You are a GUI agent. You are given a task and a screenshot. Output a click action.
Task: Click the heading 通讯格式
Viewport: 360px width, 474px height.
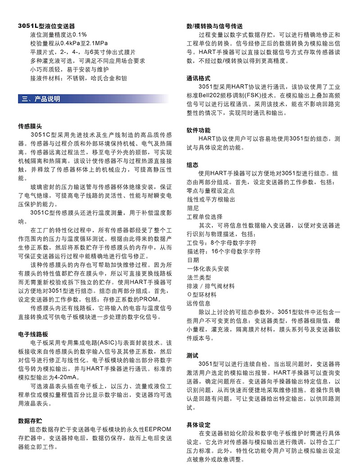pyautogui.click(x=198, y=78)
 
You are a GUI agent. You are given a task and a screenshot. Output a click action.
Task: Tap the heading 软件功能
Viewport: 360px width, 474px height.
pyautogui.click(x=198, y=130)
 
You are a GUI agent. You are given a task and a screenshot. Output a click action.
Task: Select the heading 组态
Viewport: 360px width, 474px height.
pyautogui.click(x=193, y=165)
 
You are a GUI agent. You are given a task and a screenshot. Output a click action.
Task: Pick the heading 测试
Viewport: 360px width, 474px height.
pyautogui.click(x=193, y=355)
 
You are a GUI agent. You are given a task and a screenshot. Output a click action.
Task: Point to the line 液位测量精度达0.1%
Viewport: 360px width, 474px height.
pyautogui.click(x=58, y=35)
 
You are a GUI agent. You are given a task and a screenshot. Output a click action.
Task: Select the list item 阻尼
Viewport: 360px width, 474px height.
pyautogui.click(x=193, y=208)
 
